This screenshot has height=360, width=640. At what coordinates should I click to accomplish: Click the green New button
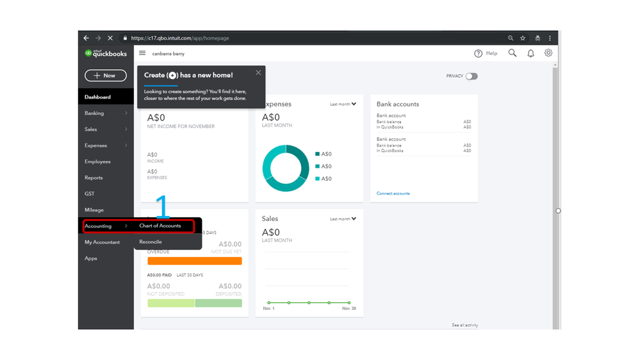coord(106,76)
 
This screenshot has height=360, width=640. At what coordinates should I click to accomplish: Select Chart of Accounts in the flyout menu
coord(160,226)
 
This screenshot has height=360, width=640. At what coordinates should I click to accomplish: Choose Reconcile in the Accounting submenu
coord(151,242)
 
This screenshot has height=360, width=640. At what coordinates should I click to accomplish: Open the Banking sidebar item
coord(94,113)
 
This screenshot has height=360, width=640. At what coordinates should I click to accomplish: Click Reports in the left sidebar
coord(94,177)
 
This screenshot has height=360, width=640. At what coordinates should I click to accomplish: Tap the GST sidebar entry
coord(89,193)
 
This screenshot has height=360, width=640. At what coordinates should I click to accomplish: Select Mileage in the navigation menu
coord(94,210)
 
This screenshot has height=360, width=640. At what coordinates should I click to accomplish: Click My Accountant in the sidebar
coord(102,242)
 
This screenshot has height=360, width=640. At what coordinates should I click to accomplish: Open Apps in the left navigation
coord(91,258)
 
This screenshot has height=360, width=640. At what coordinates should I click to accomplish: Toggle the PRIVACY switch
coord(472,76)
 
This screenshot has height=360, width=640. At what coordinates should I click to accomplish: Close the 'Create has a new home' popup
coord(258,72)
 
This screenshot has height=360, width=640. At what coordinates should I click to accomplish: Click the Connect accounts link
coord(393,193)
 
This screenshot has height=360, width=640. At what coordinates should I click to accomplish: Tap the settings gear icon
coord(548,53)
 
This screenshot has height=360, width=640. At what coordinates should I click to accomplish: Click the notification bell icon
coord(530,53)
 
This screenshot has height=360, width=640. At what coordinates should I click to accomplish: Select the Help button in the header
coord(486,53)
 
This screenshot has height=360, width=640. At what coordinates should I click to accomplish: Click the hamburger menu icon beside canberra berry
coord(142,53)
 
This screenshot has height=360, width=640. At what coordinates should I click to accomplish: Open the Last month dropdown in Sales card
coord(343,219)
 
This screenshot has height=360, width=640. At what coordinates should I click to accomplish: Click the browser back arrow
coord(86,38)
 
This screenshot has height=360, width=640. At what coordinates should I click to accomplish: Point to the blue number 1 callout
coord(163,207)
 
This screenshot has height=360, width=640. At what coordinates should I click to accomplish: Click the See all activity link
coord(464,325)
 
